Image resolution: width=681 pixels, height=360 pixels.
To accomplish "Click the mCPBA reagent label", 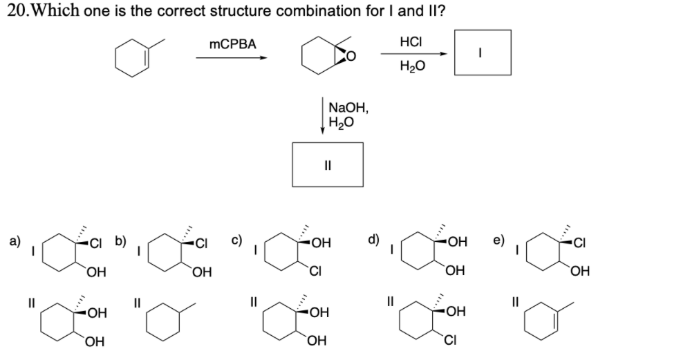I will pos(232,44).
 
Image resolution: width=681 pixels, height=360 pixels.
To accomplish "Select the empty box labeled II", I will pos(327,164).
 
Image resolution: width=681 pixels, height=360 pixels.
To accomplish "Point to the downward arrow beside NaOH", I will pos(321,117).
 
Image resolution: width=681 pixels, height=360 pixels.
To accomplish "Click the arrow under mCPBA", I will pos(232,57).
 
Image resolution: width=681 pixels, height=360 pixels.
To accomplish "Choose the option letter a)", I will pos(12,242).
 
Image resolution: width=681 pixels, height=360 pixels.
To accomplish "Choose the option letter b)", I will pos(120,242).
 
